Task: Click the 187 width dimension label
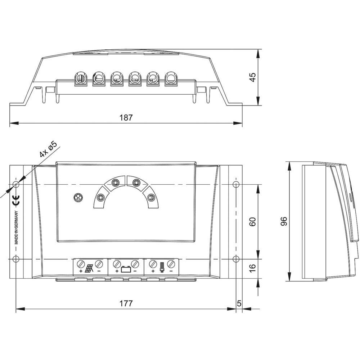coord(126,118)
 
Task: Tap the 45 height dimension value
coord(252,77)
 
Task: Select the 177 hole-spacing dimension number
coord(126,303)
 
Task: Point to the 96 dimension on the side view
coord(284,221)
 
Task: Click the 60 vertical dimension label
coord(252,221)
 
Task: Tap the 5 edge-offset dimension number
coord(239,303)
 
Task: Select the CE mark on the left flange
coord(16,200)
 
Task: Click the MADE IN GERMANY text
coord(16,227)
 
